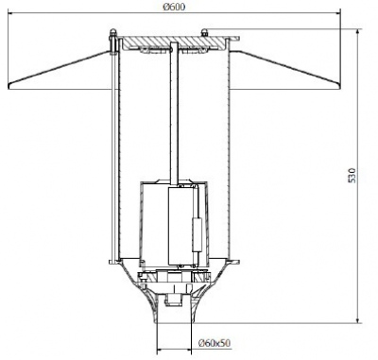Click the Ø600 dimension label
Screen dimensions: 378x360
(x=174, y=7)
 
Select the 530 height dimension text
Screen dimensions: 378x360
(x=352, y=176)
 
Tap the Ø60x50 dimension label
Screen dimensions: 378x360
(x=215, y=343)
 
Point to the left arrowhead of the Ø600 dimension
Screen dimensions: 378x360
(x=10, y=13)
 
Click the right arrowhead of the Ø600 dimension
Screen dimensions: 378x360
(x=338, y=13)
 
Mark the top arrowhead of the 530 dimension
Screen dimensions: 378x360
(x=357, y=32)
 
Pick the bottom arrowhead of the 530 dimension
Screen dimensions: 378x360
(x=357, y=320)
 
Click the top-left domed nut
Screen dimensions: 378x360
(x=112, y=32)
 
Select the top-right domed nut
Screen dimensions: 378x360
(x=204, y=32)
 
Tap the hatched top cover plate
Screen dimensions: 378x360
(x=173, y=43)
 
